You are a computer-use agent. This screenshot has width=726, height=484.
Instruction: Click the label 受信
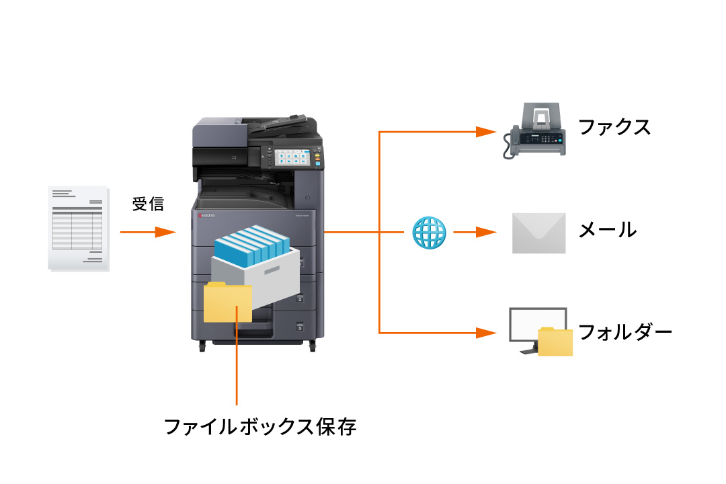[147, 204]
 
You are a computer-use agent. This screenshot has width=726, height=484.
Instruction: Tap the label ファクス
[614, 126]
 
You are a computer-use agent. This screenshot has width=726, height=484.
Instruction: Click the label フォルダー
[624, 331]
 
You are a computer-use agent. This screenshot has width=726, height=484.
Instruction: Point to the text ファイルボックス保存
[260, 426]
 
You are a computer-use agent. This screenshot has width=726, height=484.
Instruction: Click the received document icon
[78, 229]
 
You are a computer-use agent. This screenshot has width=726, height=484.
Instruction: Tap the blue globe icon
[429, 233]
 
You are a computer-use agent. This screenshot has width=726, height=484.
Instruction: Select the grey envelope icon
[538, 233]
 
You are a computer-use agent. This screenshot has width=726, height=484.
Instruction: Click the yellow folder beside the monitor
[555, 341]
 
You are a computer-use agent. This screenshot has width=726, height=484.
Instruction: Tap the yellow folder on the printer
[228, 302]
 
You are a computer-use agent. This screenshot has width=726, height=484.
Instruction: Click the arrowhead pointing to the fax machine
[485, 132]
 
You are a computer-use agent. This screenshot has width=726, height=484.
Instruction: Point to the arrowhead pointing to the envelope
[485, 233]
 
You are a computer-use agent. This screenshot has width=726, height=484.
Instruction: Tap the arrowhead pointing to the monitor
[485, 332]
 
